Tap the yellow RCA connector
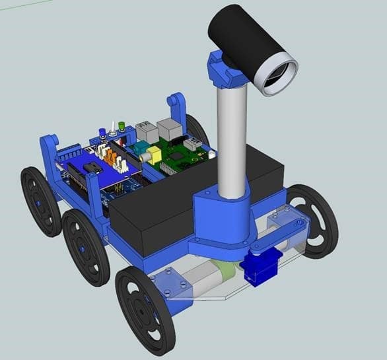pos(154,156)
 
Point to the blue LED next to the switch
pos(102,133)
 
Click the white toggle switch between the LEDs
pos(114,127)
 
